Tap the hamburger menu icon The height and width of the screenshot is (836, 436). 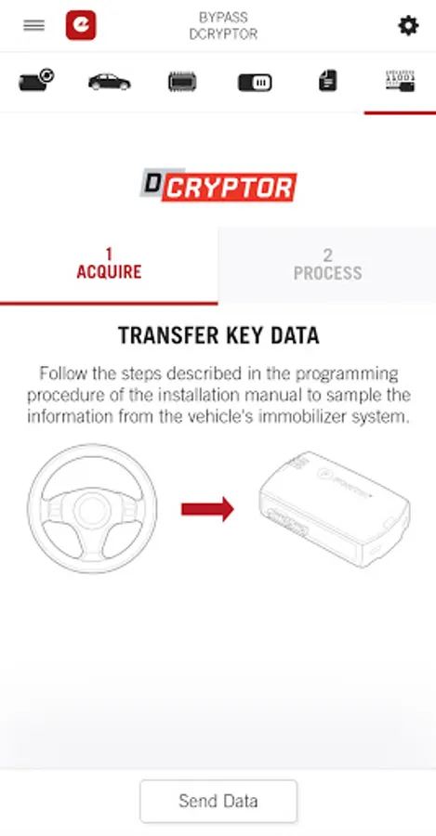click(34, 25)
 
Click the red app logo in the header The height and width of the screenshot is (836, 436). click(81, 26)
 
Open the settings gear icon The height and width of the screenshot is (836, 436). click(408, 26)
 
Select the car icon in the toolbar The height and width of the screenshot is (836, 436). click(109, 82)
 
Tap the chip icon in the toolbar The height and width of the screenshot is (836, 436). click(182, 82)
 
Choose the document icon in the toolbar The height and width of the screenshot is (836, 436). click(327, 81)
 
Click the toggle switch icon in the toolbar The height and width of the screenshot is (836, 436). click(255, 83)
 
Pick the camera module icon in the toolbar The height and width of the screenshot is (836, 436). click(36, 81)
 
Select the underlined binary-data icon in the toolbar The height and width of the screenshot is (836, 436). click(401, 81)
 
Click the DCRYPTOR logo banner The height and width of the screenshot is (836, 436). click(218, 186)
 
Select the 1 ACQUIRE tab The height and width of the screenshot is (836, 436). click(109, 265)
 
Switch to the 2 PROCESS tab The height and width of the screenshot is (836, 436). click(327, 265)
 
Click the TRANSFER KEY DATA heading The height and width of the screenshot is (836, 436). click(218, 336)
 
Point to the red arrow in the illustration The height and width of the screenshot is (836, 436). click(207, 509)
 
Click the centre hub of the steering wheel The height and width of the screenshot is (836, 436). click(92, 510)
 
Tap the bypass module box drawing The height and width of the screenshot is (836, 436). click(335, 509)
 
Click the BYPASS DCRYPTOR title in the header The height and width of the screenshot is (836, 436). click(223, 26)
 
